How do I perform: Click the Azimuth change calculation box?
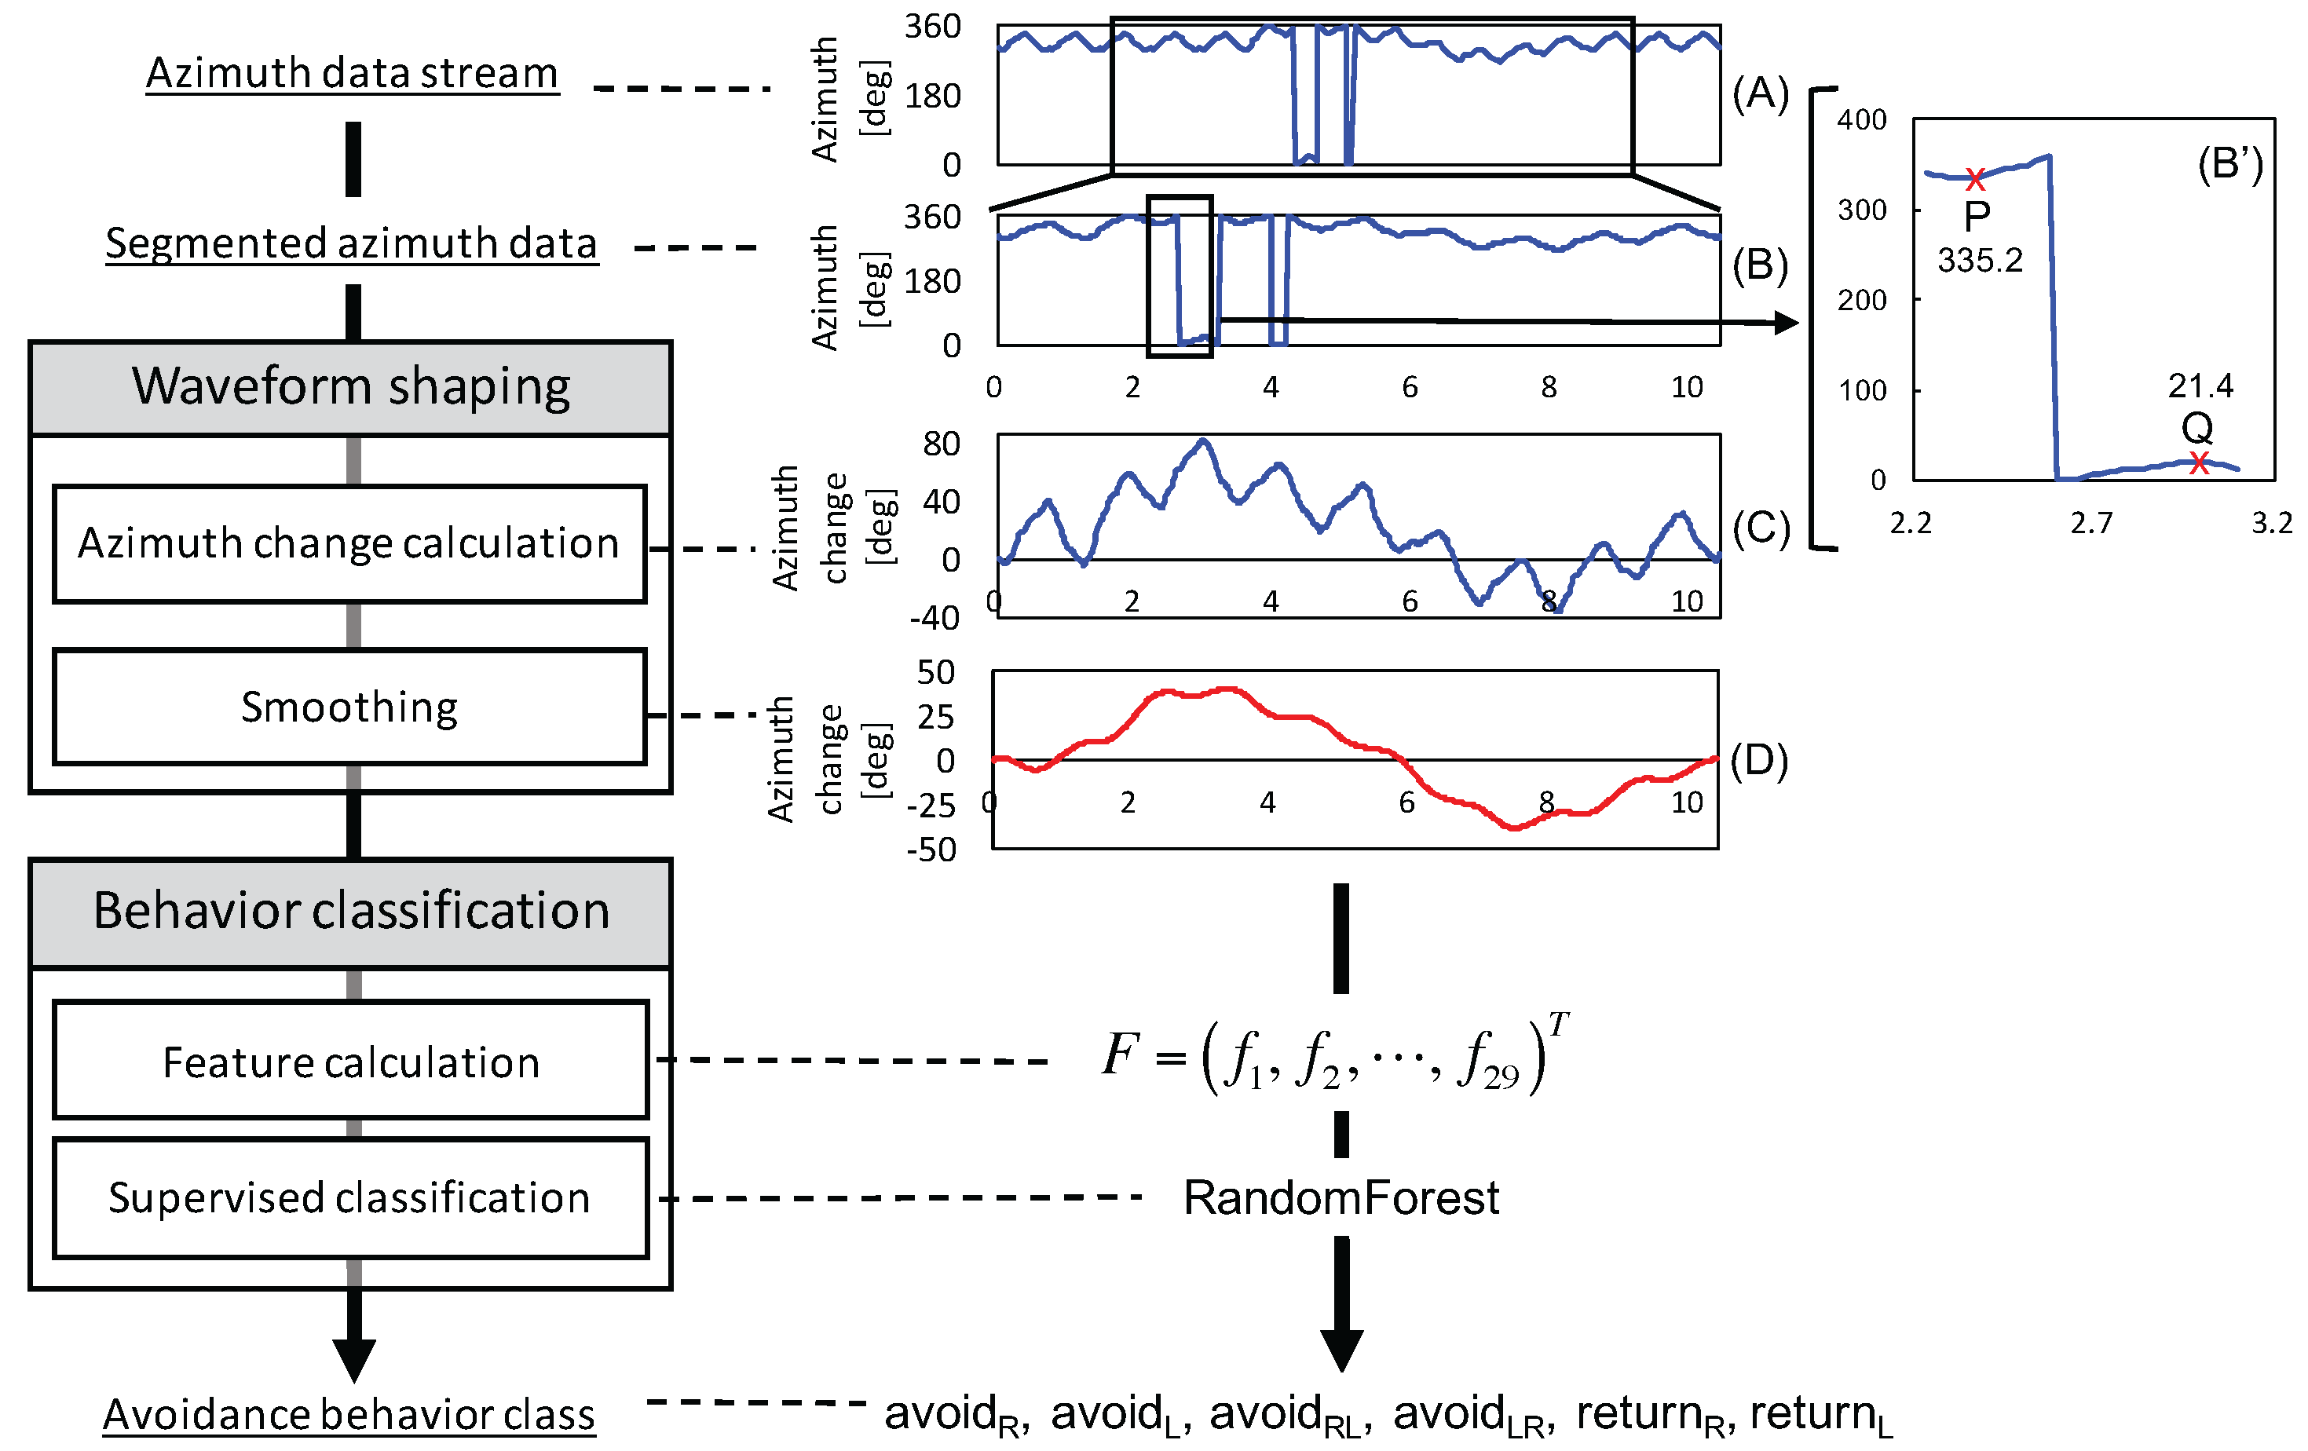349,543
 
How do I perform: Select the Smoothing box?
349,707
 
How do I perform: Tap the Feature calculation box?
351,1062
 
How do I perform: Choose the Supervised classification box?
351,1198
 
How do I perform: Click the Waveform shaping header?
351,387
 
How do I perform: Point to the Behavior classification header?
351,911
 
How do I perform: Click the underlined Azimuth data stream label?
352,74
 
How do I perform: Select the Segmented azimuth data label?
352,243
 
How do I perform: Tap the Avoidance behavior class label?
349,1415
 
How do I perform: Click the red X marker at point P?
1975,178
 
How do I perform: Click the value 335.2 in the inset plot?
1981,261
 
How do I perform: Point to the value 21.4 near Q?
2200,386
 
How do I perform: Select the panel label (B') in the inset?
2229,165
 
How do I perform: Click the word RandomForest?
1342,1198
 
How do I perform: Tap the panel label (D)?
1759,760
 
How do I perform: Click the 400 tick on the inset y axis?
1862,121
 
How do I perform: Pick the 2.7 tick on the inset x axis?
2091,523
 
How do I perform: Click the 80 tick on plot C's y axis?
942,444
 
